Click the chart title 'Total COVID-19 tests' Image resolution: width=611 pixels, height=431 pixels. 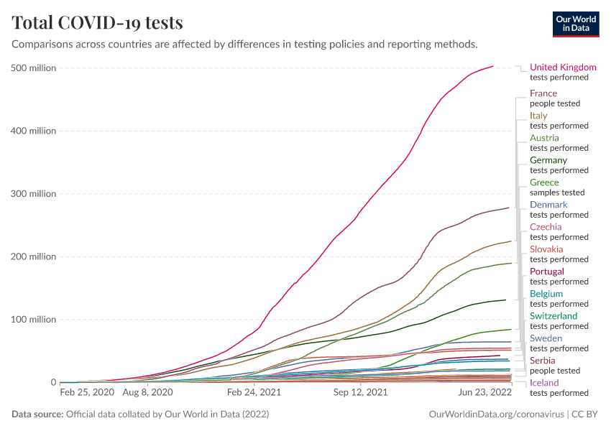tap(97, 23)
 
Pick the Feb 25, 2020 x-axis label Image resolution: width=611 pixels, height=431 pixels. tap(86, 393)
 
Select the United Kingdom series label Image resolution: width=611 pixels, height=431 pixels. tap(563, 68)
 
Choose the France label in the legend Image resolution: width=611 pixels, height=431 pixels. tap(543, 93)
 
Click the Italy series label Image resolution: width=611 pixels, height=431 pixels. tap(538, 116)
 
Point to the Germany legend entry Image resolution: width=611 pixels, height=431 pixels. tap(548, 160)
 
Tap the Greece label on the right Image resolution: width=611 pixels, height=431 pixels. tap(544, 182)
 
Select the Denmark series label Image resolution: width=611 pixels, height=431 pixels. tap(548, 205)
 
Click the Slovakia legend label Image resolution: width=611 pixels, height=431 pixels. tap(547, 249)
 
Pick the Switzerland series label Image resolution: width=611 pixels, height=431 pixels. tap(553, 316)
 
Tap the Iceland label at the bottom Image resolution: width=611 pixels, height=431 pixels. tap(544, 383)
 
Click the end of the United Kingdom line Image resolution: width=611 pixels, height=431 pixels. tap(493, 66)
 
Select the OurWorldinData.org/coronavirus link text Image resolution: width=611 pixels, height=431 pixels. tap(496, 414)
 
